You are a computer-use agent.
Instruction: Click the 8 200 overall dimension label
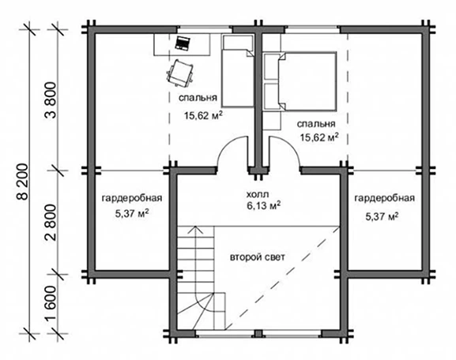(x=22, y=182)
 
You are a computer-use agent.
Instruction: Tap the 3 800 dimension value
(x=51, y=100)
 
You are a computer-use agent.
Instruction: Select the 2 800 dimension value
(x=51, y=223)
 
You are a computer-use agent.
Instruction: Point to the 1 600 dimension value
(x=51, y=304)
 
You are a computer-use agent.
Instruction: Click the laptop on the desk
(x=183, y=43)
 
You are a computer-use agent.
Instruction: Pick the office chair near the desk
(x=179, y=73)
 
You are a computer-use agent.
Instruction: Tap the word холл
(x=258, y=193)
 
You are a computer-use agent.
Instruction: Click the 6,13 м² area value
(x=264, y=206)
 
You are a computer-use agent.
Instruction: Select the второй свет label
(x=258, y=257)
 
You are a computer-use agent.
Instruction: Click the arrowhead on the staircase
(x=196, y=230)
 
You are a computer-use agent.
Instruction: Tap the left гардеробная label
(x=132, y=198)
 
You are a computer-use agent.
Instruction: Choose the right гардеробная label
(x=384, y=198)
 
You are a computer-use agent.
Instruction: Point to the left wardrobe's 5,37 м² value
(x=132, y=214)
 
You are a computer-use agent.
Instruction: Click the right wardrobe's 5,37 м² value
(x=382, y=216)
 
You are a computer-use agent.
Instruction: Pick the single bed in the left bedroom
(x=238, y=71)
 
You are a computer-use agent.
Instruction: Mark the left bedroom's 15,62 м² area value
(x=203, y=115)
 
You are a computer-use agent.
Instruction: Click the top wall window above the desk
(x=205, y=28)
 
